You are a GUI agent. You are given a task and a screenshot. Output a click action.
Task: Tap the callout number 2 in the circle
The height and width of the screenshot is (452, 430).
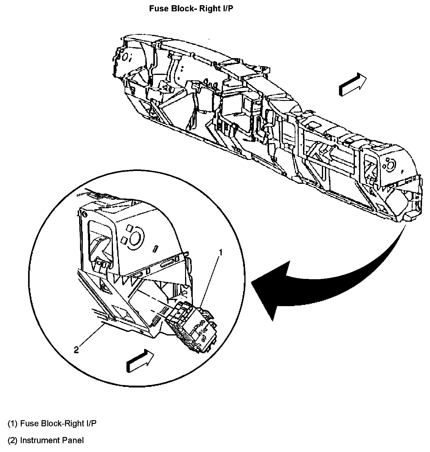(x=76, y=350)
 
